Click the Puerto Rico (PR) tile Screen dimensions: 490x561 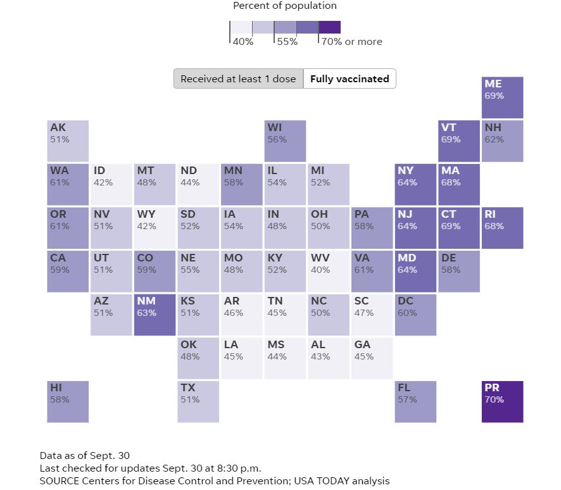(x=503, y=401)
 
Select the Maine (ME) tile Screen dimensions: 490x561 (x=503, y=97)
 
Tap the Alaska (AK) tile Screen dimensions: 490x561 (x=68, y=141)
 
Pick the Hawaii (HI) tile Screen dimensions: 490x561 (x=68, y=401)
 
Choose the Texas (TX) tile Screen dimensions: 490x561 (x=198, y=401)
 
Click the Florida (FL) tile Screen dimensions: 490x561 (x=415, y=401)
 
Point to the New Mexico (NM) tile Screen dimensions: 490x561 (x=155, y=315)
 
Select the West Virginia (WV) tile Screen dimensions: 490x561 (x=329, y=271)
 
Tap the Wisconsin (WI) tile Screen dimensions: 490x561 (x=285, y=141)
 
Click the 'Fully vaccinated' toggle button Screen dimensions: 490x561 (x=350, y=79)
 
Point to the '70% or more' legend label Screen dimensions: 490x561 (x=351, y=42)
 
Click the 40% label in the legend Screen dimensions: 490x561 (x=243, y=42)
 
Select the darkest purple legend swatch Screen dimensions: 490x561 (x=329, y=27)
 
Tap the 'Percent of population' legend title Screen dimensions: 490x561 (x=285, y=6)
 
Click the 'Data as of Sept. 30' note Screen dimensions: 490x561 (x=84, y=455)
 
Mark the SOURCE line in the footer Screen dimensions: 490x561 (x=215, y=481)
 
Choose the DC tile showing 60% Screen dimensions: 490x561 (x=415, y=315)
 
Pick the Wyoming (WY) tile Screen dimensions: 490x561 (x=155, y=228)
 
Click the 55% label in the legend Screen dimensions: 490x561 (x=287, y=42)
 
